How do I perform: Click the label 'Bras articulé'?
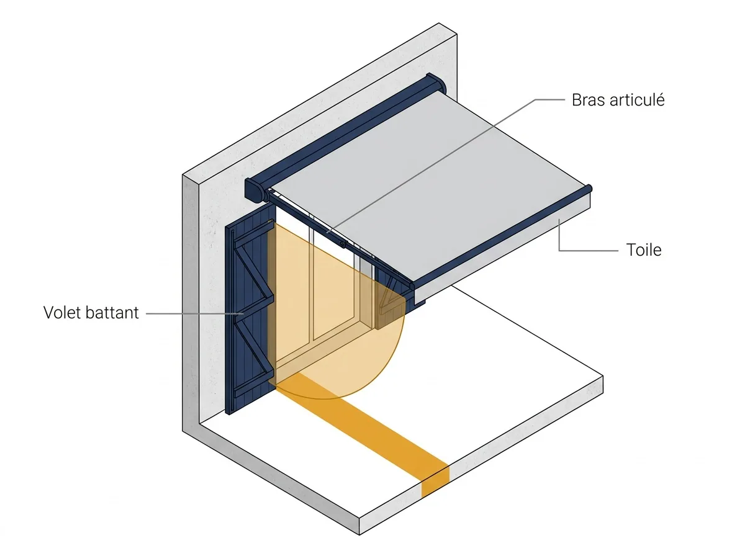[x=618, y=100]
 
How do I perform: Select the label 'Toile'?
[x=644, y=250]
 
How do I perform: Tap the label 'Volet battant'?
[x=91, y=312]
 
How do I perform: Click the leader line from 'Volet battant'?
[x=195, y=313]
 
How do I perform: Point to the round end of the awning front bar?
[x=589, y=189]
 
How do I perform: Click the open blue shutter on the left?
[x=250, y=310]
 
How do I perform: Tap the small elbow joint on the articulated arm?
[x=342, y=244]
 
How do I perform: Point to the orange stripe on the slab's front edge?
[x=435, y=482]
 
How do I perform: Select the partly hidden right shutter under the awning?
[x=399, y=292]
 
